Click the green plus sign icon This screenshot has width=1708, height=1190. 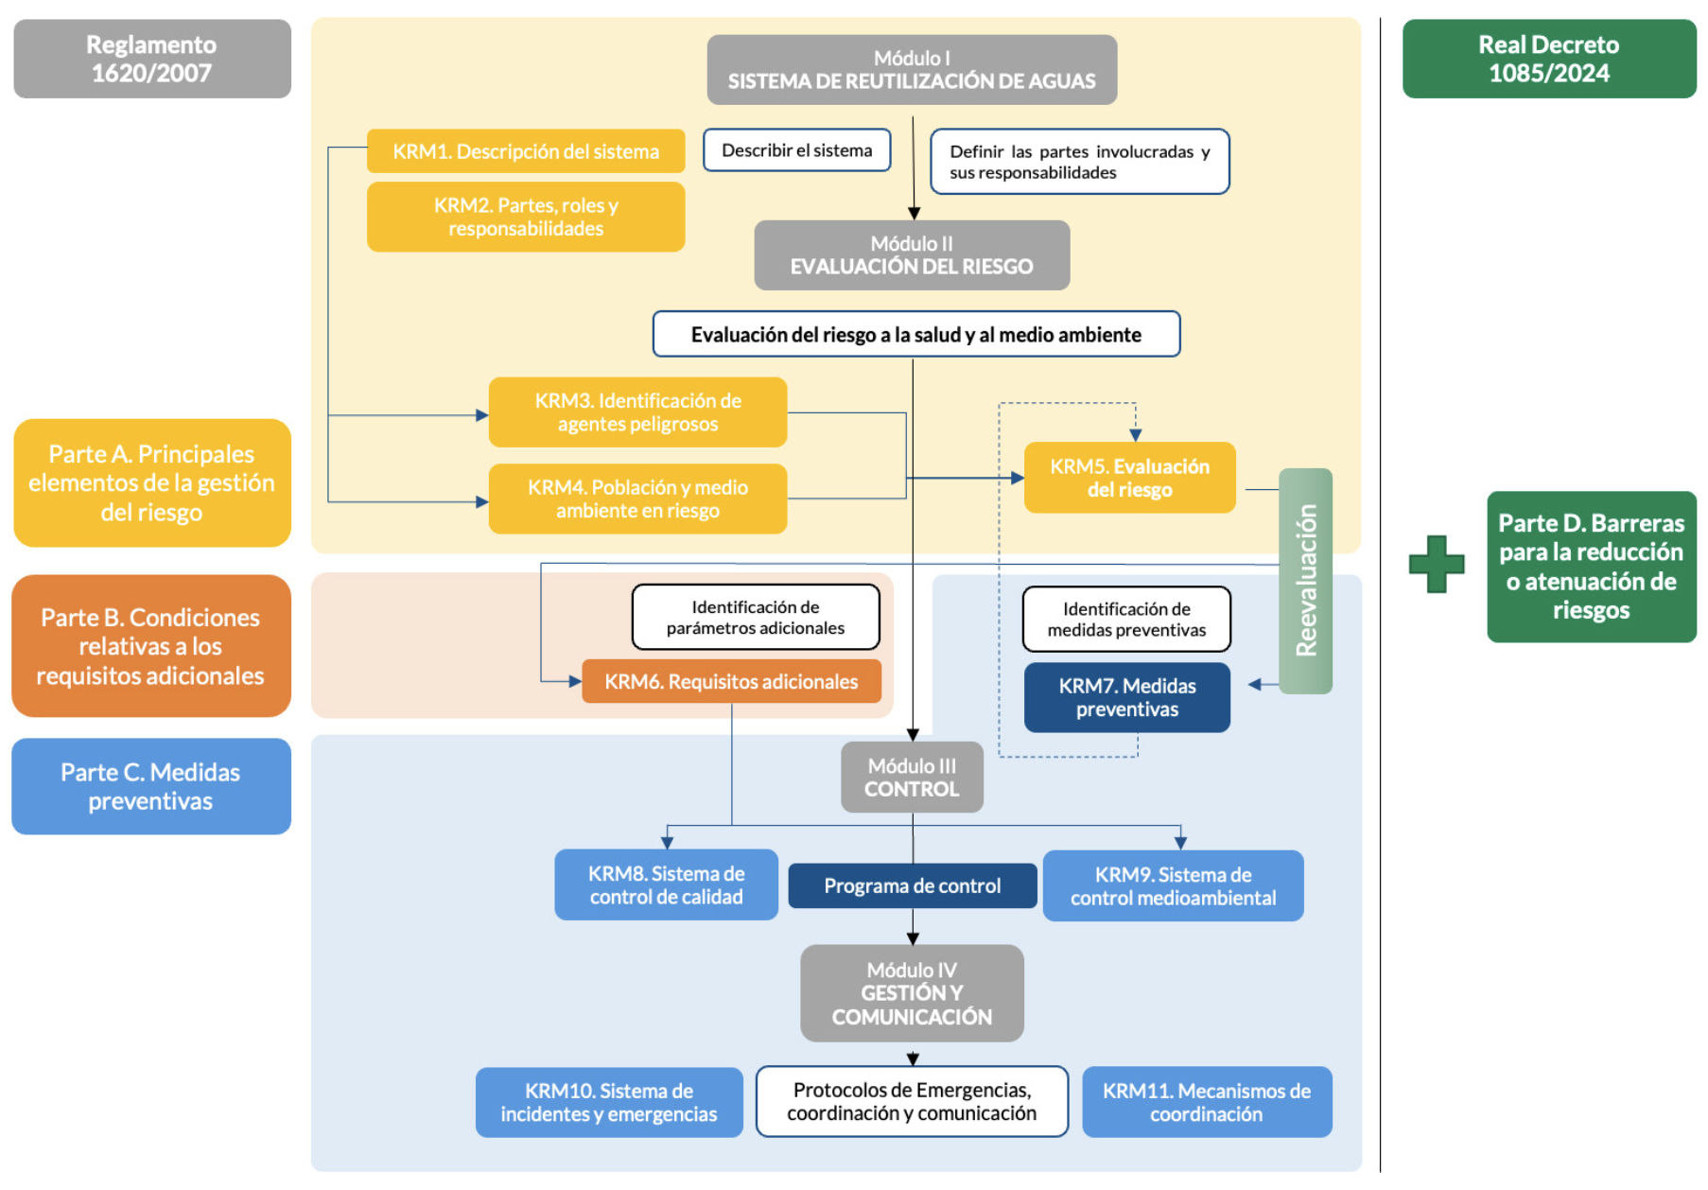click(x=1436, y=564)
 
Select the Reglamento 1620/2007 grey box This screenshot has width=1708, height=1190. click(x=151, y=59)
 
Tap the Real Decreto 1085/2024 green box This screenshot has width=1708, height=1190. click(x=1548, y=59)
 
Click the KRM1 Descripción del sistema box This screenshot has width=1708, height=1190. click(x=525, y=151)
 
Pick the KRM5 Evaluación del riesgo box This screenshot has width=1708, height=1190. click(x=1129, y=478)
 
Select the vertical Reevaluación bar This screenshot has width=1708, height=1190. click(x=1305, y=581)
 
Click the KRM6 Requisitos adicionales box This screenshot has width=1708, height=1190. click(x=731, y=681)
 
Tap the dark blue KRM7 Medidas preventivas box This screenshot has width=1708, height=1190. click(x=1126, y=697)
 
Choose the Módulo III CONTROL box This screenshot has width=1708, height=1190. click(x=912, y=777)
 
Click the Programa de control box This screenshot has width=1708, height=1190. click(x=912, y=885)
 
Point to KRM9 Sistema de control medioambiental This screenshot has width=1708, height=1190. click(x=1173, y=885)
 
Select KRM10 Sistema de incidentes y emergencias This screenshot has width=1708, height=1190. click(x=608, y=1102)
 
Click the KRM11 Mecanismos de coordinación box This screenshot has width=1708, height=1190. click(x=1206, y=1102)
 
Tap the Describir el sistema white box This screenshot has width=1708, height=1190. click(x=796, y=150)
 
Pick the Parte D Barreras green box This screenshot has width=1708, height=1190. click(x=1591, y=567)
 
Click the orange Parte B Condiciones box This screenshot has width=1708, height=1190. click(x=151, y=646)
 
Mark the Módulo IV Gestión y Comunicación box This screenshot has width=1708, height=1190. click(x=912, y=993)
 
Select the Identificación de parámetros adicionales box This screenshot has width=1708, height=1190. click(x=755, y=617)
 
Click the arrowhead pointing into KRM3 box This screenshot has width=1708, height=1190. click(x=482, y=414)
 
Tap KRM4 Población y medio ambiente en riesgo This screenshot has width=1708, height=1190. click(x=637, y=499)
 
